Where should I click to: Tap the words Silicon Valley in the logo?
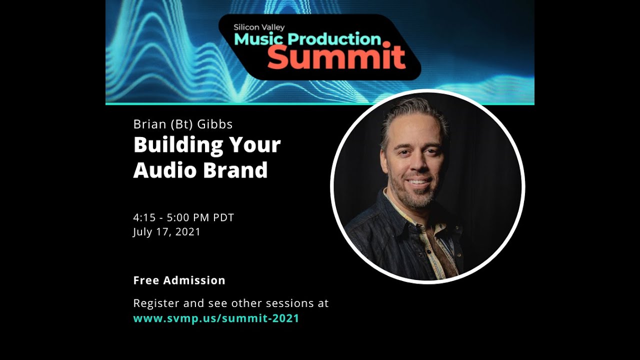click(x=258, y=27)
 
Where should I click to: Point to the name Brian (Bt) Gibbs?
click(x=183, y=123)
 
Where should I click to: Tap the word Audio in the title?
click(x=164, y=170)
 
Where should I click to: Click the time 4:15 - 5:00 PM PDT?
click(x=183, y=217)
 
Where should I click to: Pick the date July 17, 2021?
click(x=166, y=232)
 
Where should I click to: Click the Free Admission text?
click(x=179, y=280)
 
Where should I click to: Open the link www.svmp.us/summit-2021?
click(x=216, y=318)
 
